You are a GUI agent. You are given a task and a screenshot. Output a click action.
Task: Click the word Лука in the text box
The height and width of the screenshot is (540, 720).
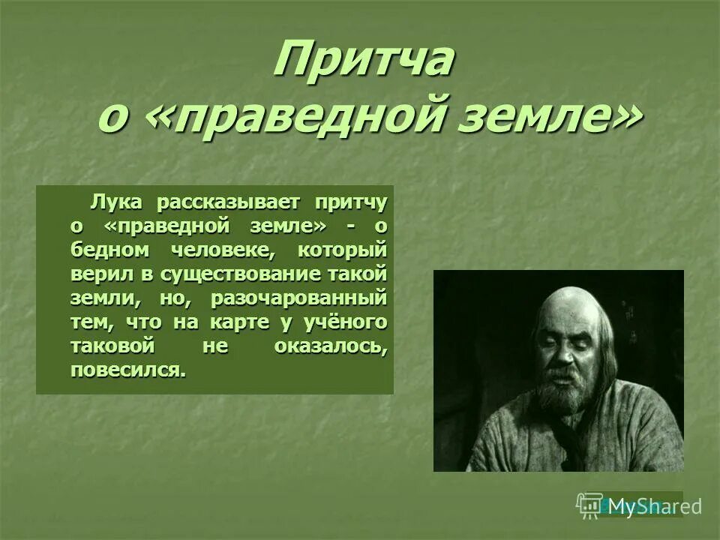tap(112, 202)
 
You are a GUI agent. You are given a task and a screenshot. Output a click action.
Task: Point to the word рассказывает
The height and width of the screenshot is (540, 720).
tap(227, 202)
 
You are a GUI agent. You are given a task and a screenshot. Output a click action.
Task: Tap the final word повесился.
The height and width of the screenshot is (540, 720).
tap(127, 370)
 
